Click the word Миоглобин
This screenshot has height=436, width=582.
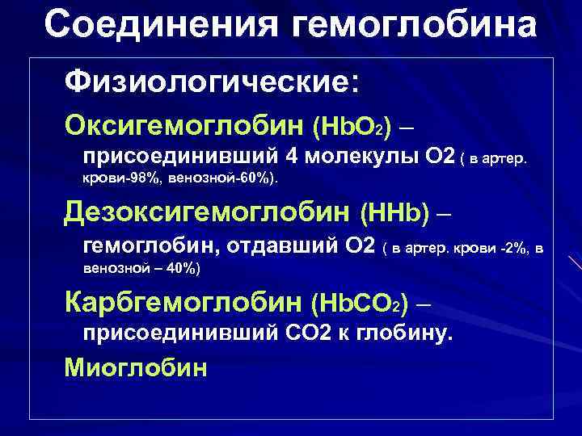[x=137, y=367]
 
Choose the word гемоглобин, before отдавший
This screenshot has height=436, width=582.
[x=154, y=245]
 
